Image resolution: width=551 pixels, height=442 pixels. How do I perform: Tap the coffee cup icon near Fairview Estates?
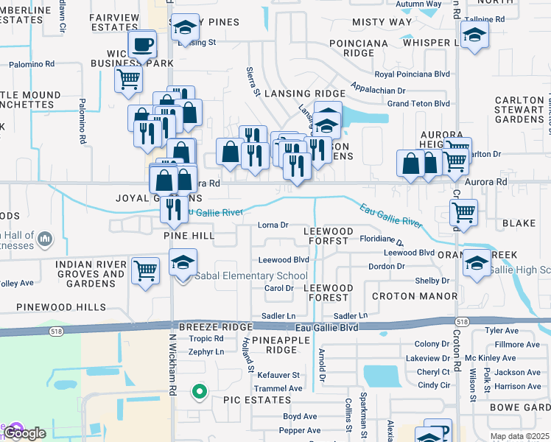[142, 44]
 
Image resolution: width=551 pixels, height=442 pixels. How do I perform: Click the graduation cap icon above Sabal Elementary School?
[183, 261]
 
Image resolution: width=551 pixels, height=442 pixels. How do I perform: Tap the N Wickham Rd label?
[174, 365]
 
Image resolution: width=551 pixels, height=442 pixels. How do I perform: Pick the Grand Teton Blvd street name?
[418, 104]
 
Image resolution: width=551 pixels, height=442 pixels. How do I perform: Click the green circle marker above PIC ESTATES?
[198, 392]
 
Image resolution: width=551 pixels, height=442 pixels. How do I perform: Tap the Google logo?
[24, 433]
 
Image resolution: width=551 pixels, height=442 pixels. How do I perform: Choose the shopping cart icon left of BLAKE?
[463, 212]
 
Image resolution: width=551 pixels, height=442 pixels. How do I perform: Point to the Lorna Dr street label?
[273, 225]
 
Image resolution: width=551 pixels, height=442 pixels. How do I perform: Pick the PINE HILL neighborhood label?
[189, 236]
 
